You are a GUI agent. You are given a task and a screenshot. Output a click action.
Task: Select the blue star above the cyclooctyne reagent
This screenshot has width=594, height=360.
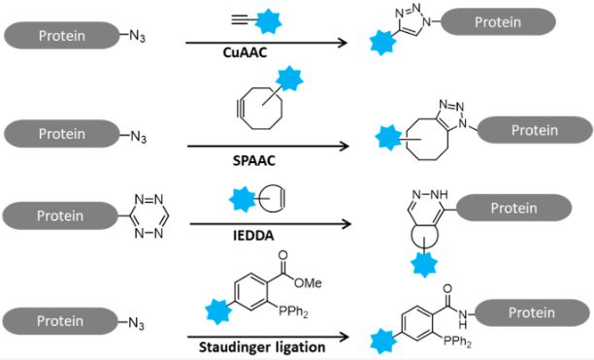[288, 82]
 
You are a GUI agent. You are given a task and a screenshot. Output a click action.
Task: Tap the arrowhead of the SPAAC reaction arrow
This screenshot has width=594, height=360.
[344, 148]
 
